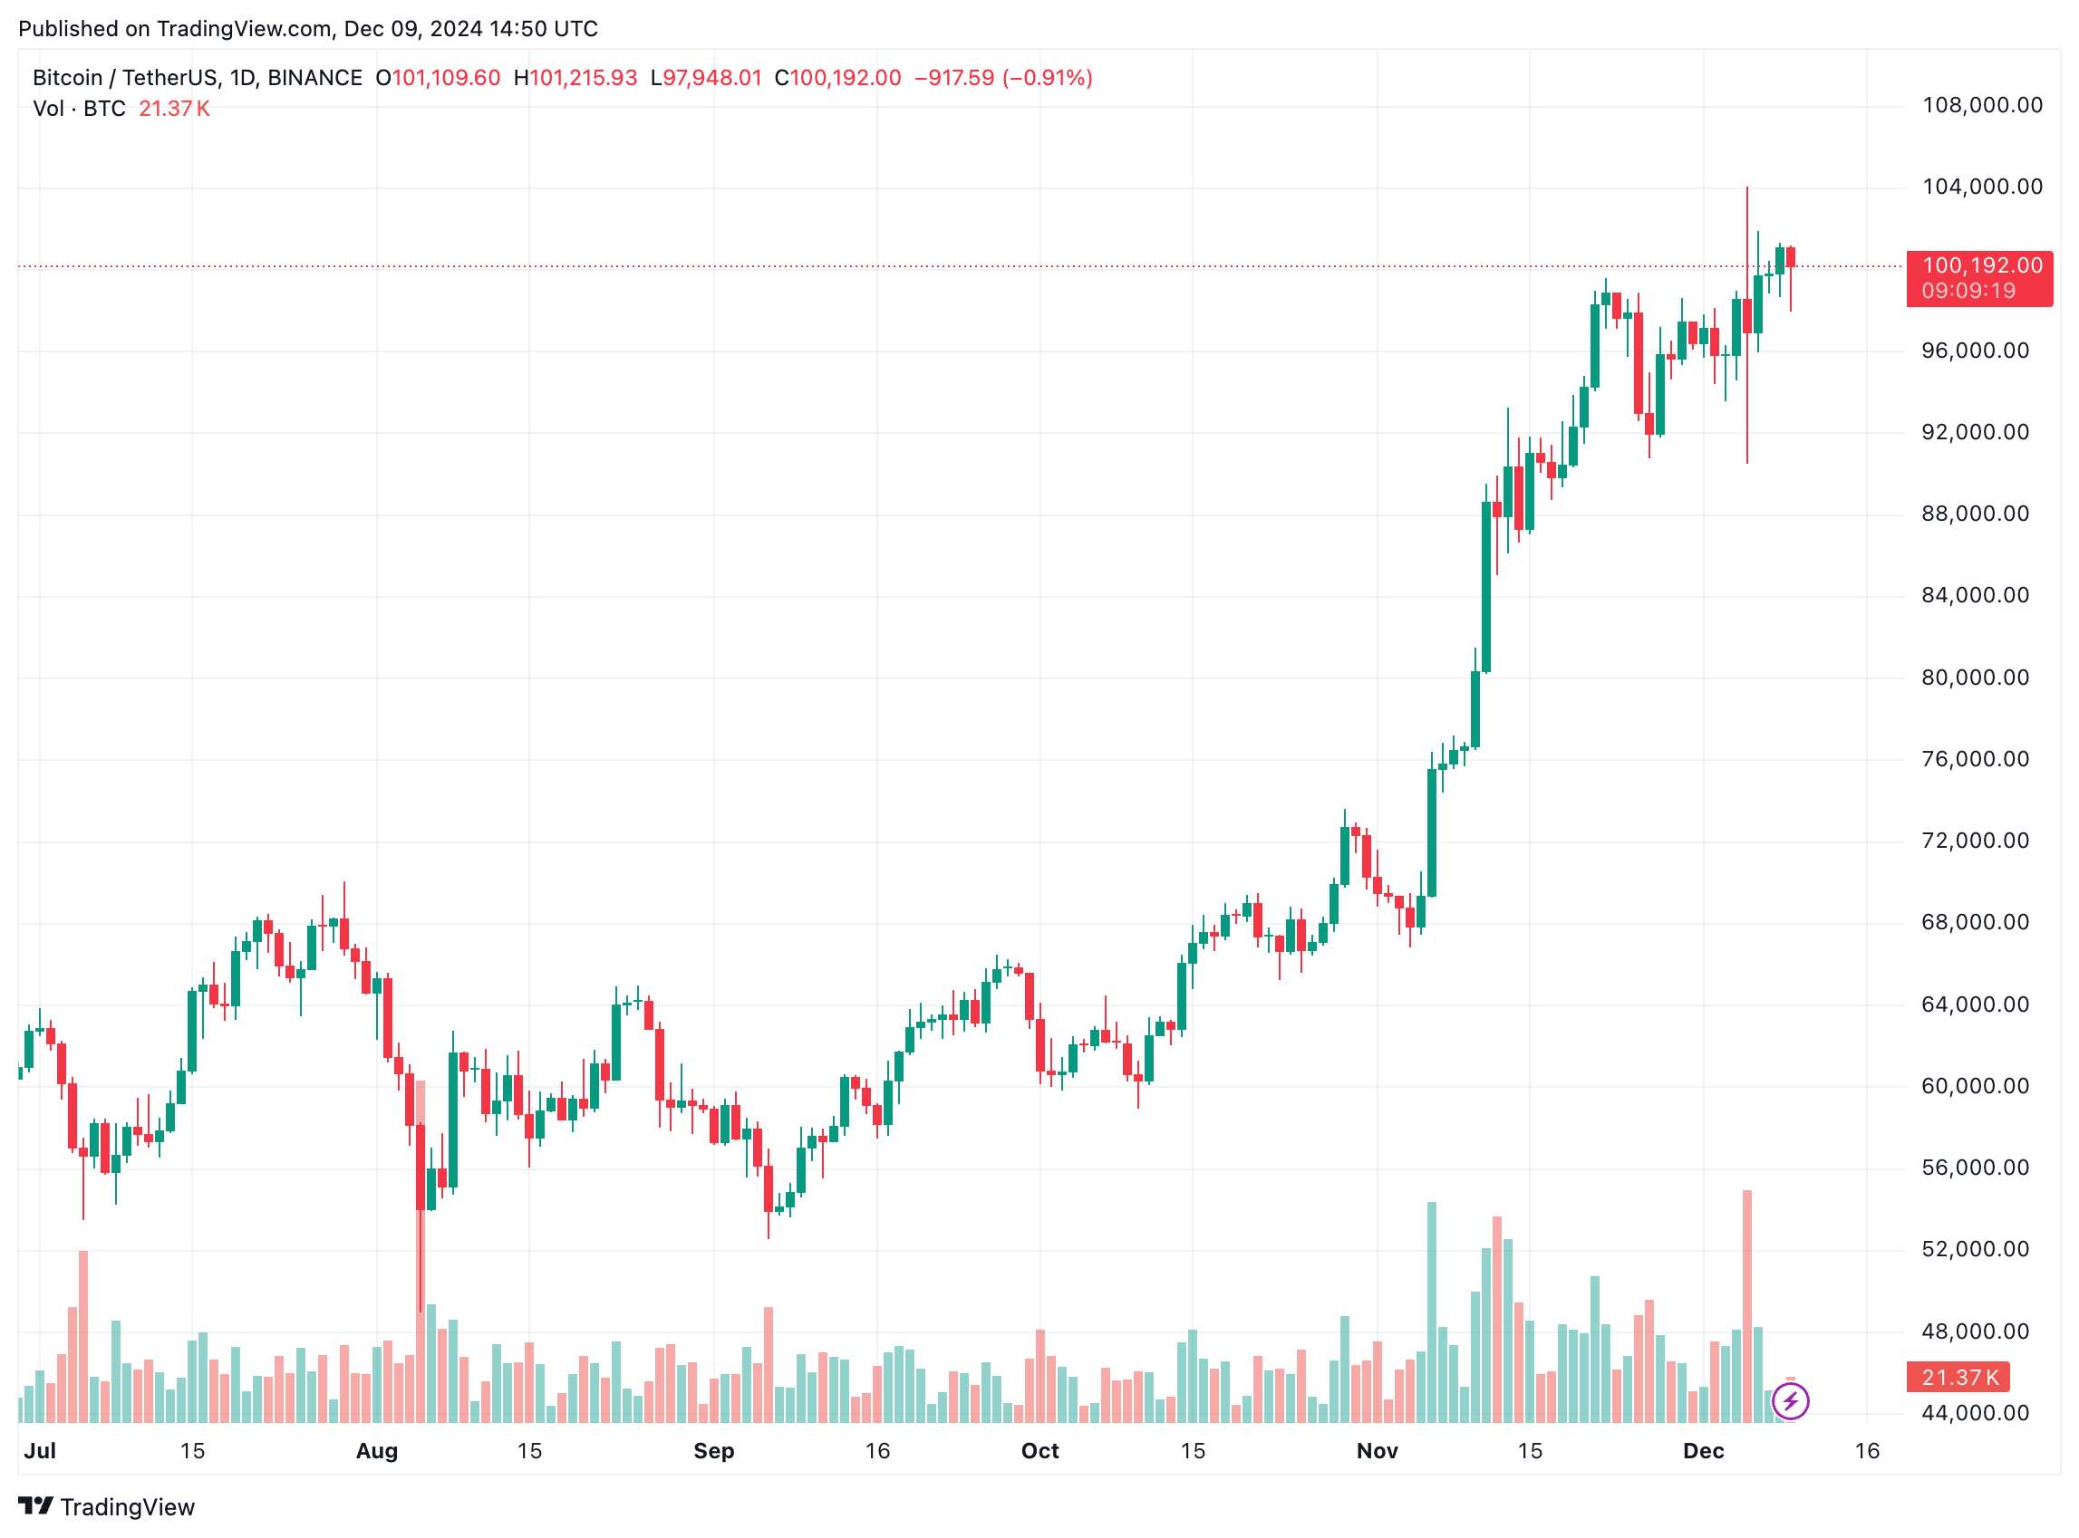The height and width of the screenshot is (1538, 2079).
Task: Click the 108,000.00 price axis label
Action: coord(1981,105)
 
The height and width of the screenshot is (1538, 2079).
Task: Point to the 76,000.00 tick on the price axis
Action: coord(1975,759)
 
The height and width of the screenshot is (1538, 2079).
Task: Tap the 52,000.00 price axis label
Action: coord(1975,1249)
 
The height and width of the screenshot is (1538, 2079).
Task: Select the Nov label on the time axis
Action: coord(1377,1451)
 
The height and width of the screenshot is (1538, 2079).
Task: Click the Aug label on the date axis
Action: coord(376,1451)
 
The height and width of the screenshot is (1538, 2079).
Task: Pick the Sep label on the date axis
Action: coord(713,1451)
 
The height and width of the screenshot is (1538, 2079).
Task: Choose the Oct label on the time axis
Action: coord(1039,1451)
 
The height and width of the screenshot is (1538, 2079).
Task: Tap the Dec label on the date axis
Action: coord(1703,1451)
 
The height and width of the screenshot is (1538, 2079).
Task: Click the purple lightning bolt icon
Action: coord(1789,1400)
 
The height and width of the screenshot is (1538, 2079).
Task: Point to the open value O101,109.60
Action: coord(438,78)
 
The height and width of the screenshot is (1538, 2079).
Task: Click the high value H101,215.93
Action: coord(575,78)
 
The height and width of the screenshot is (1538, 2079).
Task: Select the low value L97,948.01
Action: coord(706,78)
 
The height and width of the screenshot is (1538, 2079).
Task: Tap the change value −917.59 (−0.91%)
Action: coord(1002,78)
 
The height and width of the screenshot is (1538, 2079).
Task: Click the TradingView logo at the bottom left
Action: coord(106,1507)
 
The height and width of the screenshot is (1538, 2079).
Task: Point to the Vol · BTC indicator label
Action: coord(79,109)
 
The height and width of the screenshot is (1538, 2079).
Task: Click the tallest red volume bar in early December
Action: coord(1746,1303)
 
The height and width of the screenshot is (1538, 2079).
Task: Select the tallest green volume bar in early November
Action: coord(1431,1312)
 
